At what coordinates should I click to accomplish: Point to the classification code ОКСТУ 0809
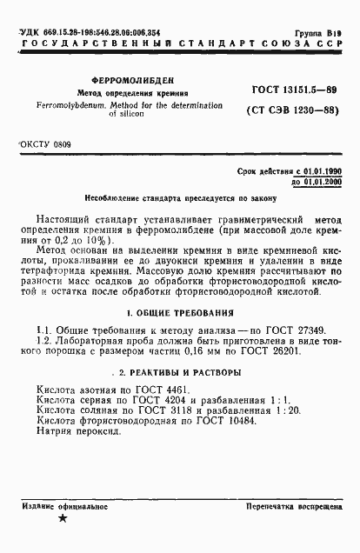[x=45, y=143]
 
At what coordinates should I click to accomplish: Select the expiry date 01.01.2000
[x=317, y=184]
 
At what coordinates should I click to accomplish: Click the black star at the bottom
[x=62, y=520]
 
